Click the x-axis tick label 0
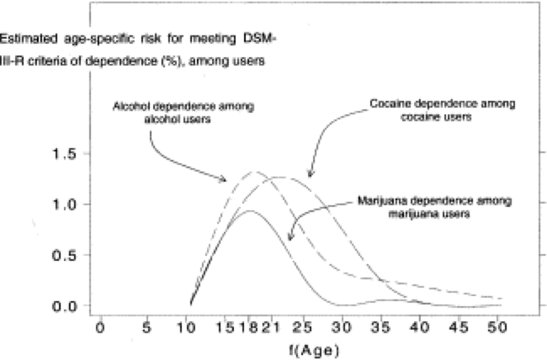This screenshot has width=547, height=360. point(100,328)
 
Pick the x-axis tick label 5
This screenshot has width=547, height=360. point(147,328)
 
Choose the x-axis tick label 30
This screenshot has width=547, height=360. point(344,328)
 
